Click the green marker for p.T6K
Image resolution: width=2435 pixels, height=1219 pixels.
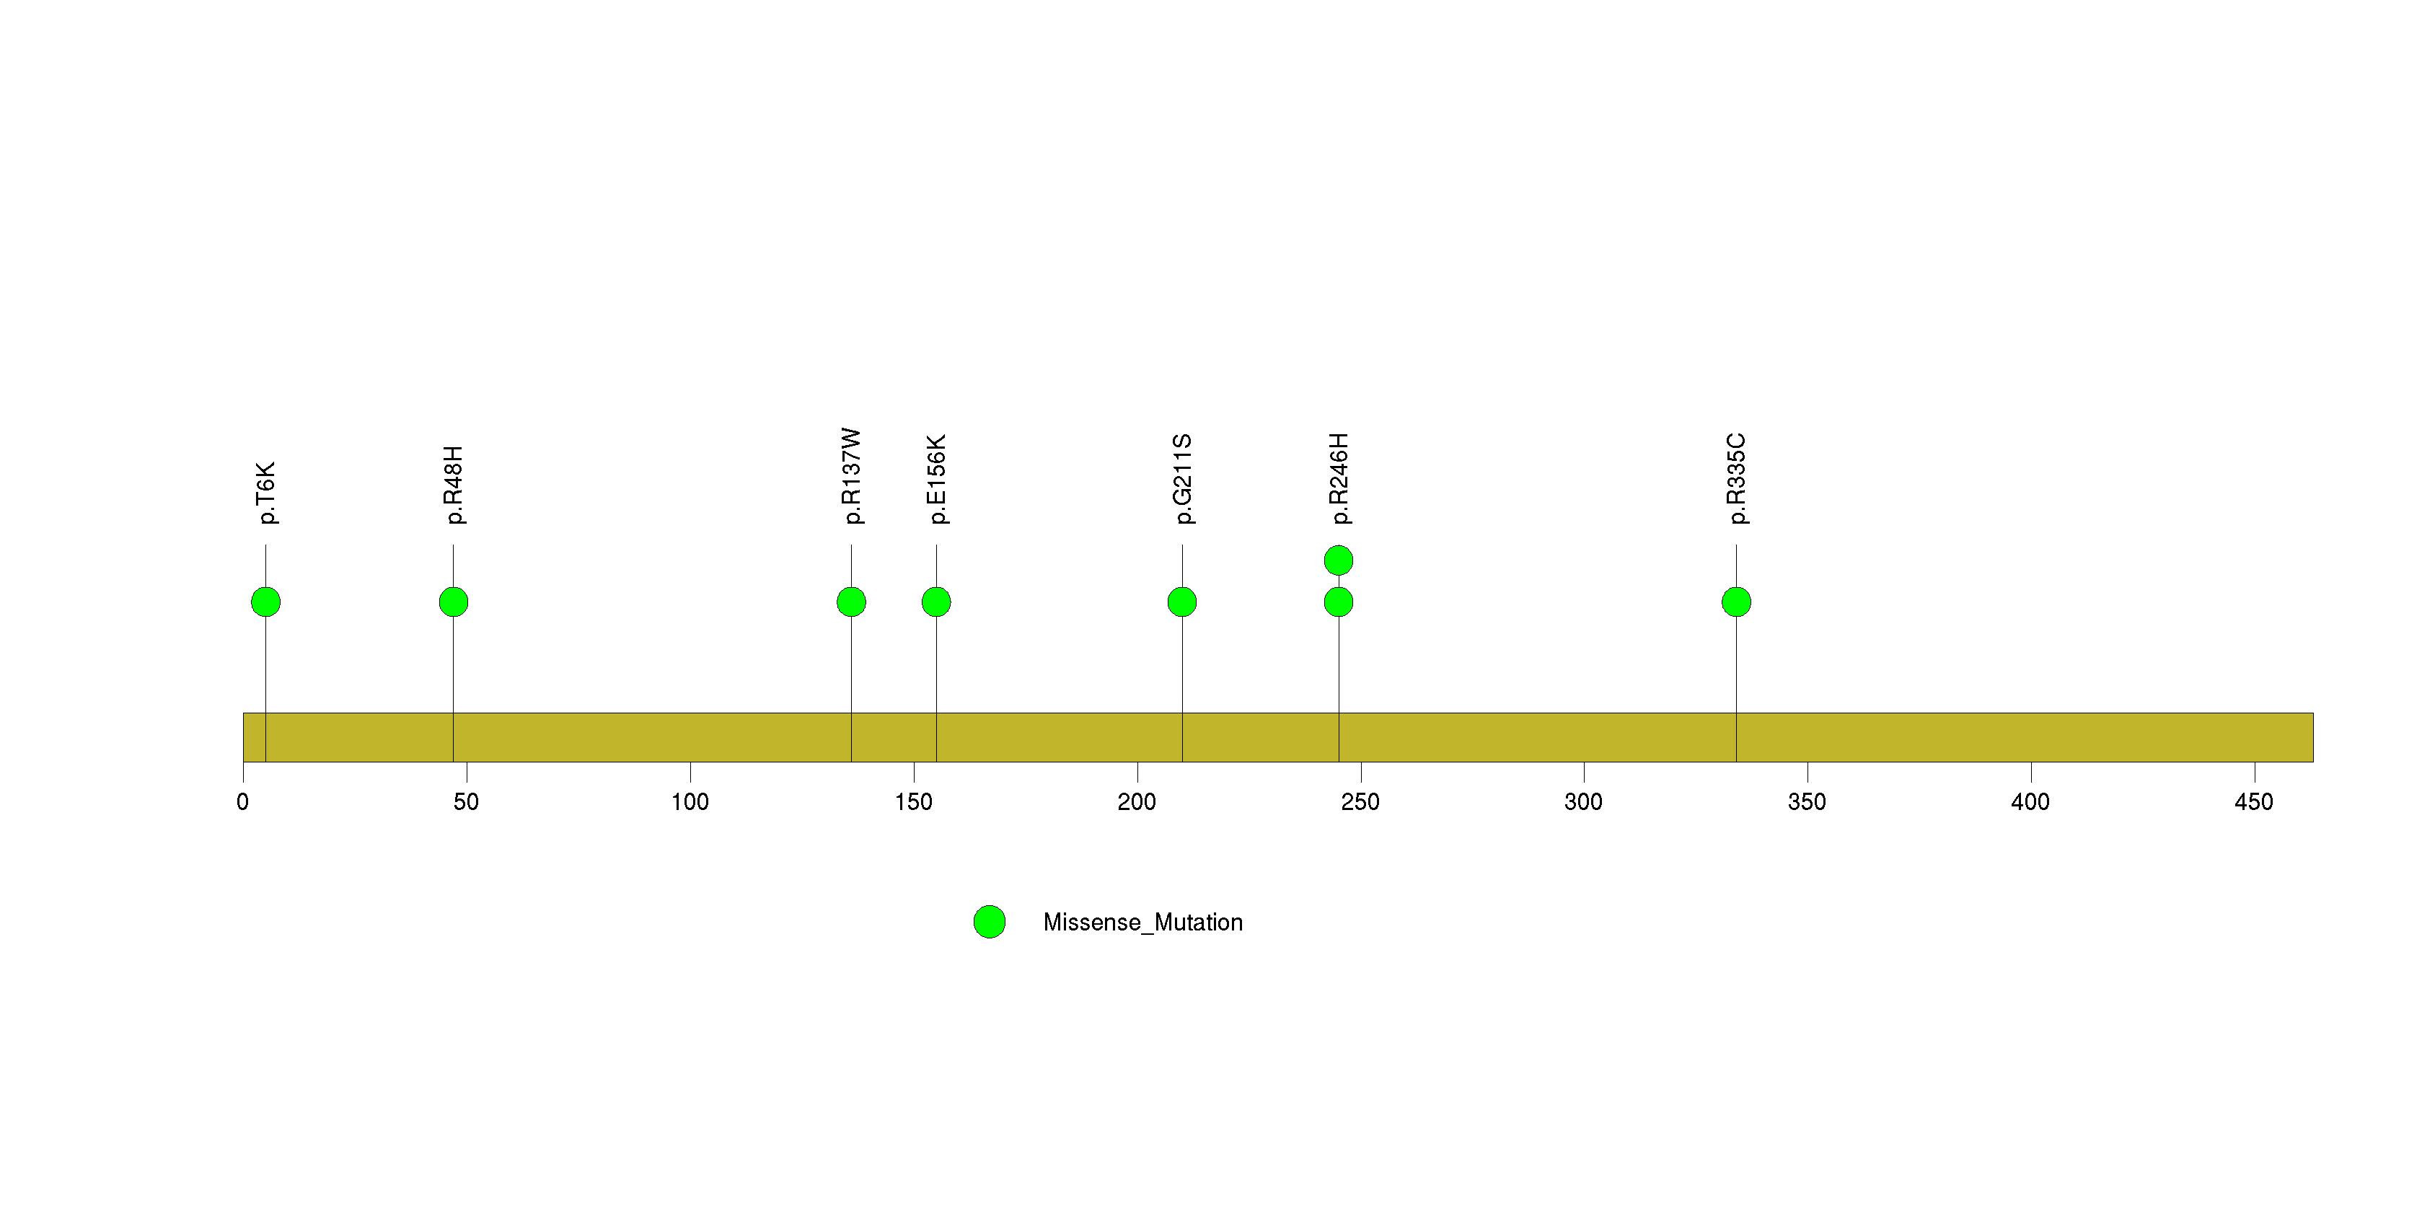point(265,602)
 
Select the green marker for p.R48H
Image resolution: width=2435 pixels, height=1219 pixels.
point(454,602)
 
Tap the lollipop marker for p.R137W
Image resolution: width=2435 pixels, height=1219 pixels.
point(852,602)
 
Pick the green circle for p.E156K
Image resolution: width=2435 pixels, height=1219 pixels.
point(937,602)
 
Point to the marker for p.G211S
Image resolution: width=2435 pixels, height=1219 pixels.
point(1183,602)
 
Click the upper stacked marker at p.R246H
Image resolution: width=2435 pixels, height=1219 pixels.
point(1339,560)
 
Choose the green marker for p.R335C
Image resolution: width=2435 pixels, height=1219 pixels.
point(1736,602)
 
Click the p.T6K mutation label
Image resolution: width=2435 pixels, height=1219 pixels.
point(267,493)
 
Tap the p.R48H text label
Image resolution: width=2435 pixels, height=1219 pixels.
point(454,485)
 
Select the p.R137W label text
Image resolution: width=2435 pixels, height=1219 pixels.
point(853,476)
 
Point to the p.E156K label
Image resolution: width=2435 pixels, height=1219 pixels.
point(938,479)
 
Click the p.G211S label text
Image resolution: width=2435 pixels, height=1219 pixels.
point(1184,479)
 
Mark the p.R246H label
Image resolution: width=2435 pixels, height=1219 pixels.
point(1339,478)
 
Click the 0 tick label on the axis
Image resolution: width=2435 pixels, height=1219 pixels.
point(243,802)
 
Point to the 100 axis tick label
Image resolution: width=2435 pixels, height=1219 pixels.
point(690,802)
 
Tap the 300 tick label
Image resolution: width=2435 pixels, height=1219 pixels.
point(1583,802)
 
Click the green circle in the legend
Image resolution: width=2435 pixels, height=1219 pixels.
point(990,923)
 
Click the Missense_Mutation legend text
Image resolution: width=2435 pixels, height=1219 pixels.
point(1142,923)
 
